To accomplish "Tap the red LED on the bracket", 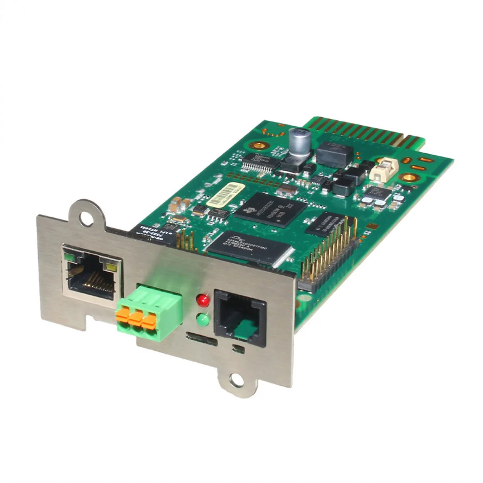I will (203, 299).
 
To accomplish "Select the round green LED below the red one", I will (203, 320).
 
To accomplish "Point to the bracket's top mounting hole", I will (86, 218).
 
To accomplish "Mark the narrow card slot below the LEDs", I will (201, 343).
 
